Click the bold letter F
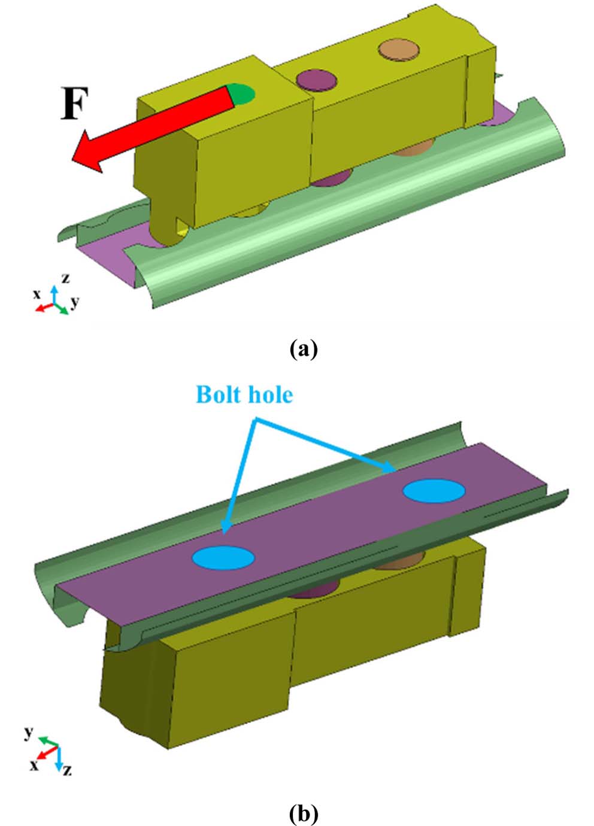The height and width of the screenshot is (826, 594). coord(75,105)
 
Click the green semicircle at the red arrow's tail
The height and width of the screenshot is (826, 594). coord(243,93)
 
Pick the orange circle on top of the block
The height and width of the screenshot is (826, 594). coord(399,50)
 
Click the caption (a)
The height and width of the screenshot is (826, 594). coord(303,348)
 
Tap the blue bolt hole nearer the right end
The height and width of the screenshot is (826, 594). coord(434,490)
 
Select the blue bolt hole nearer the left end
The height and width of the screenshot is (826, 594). coord(223,557)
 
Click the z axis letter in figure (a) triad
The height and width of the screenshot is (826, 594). coord(65,278)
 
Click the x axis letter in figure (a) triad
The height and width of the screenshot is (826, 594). coord(37,294)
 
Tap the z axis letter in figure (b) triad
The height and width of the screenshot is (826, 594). coord(66,770)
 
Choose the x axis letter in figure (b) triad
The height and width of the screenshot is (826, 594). coord(34,764)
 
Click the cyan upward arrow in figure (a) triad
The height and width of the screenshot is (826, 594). coord(54,294)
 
